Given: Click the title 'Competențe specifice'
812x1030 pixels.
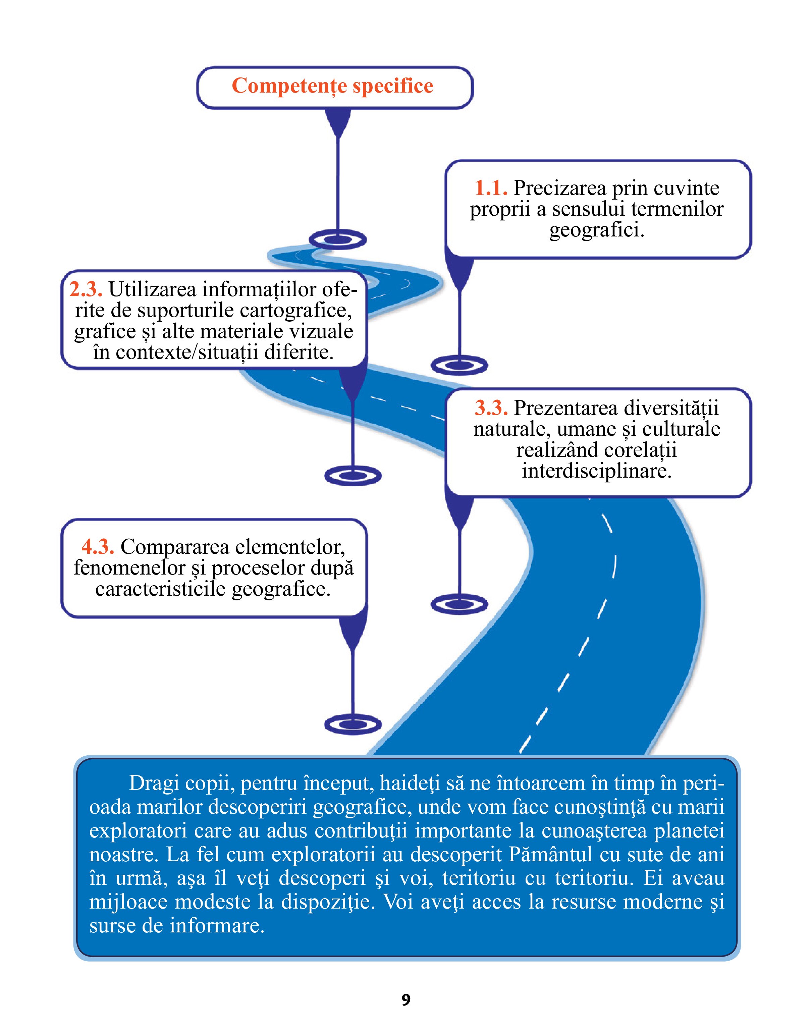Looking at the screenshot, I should click(332, 87).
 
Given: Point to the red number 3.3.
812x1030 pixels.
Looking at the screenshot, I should click(491, 408).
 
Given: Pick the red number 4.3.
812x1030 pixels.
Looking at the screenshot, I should click(98, 547).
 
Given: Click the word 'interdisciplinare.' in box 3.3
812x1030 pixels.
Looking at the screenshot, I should click(597, 471).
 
